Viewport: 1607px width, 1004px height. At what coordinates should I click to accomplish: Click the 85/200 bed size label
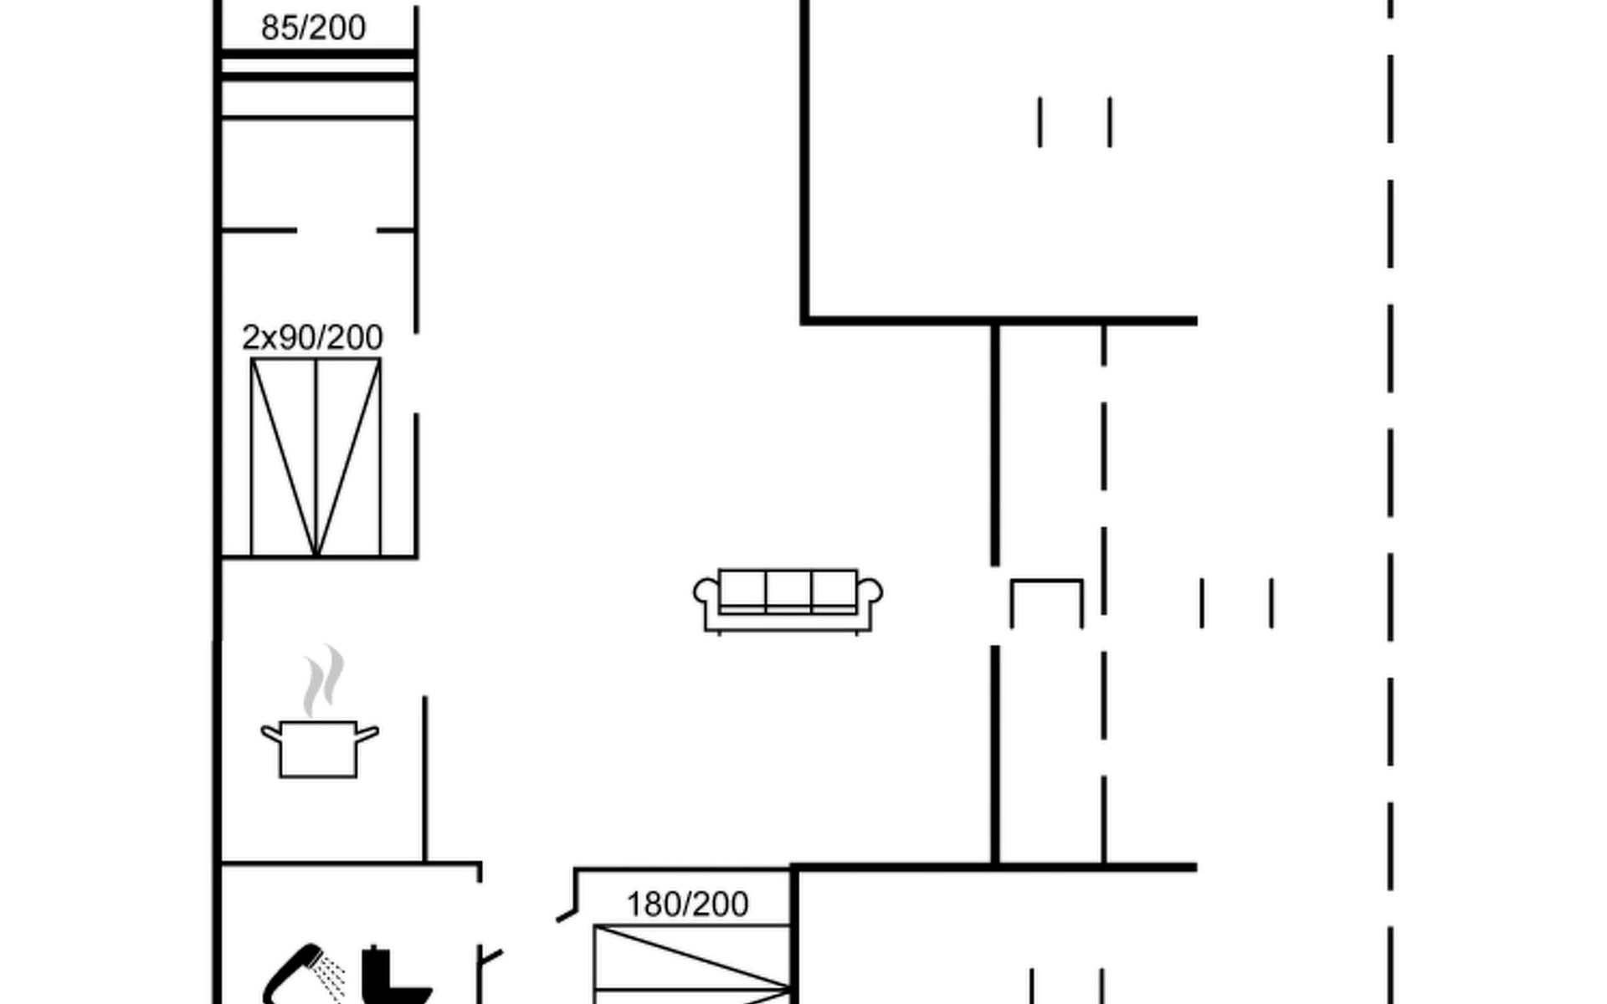[x=313, y=28]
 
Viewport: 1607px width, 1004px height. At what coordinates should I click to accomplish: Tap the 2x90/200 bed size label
[x=312, y=337]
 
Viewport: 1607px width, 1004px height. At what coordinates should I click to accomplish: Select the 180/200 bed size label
[x=687, y=904]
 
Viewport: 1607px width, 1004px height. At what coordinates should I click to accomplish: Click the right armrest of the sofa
[x=870, y=591]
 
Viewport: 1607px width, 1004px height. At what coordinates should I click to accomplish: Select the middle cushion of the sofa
[x=788, y=589]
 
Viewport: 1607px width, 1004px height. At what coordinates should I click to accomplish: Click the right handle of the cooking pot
[x=367, y=735]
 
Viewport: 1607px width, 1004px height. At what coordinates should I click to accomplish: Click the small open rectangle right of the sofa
[x=1046, y=602]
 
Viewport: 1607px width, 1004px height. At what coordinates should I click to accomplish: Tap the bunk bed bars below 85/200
[x=317, y=65]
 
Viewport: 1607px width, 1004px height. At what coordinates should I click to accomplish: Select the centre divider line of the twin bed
[x=316, y=457]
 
